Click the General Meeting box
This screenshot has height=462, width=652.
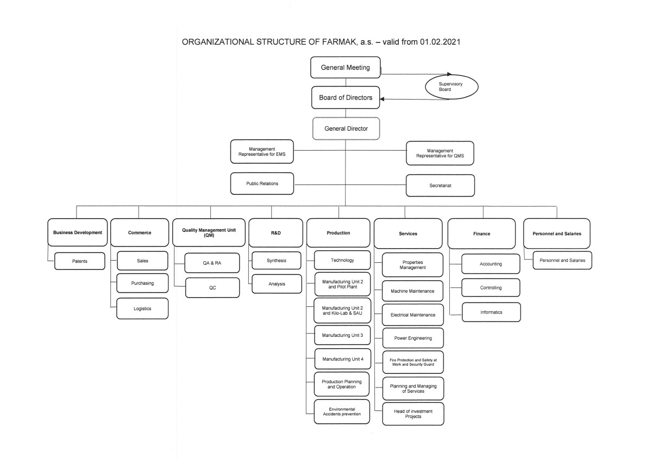tap(345, 67)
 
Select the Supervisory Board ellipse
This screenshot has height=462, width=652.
tap(452, 87)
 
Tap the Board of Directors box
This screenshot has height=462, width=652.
tap(346, 97)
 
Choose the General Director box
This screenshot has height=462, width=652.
tap(346, 128)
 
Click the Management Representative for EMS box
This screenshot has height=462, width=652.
tap(262, 152)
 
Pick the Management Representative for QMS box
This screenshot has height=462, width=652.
tap(440, 153)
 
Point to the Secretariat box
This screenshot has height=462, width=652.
tap(440, 186)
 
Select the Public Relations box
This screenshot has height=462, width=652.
tap(262, 183)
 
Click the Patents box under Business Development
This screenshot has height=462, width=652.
tap(79, 261)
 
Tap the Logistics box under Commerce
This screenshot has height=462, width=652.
tap(142, 309)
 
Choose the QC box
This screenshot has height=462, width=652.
tap(212, 288)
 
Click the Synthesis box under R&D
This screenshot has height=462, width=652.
tap(276, 261)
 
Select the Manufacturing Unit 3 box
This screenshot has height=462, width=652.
tap(342, 335)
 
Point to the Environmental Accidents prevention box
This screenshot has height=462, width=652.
tap(342, 411)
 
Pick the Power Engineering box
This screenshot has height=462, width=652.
tap(413, 338)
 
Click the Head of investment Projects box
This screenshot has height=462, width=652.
tap(413, 414)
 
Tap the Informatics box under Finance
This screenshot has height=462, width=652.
tap(491, 312)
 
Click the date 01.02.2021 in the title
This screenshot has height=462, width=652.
tap(440, 42)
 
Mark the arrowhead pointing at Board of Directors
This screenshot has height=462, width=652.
tap(382, 99)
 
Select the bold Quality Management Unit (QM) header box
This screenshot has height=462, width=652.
tap(209, 232)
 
